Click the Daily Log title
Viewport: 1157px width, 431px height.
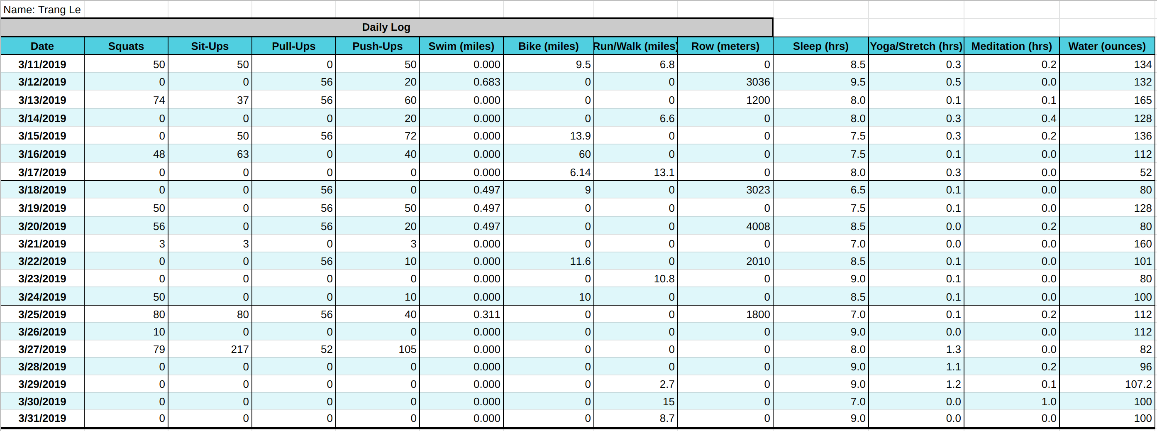[386, 27]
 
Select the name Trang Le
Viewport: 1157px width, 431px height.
[42, 10]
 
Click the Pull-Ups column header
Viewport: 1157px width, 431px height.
[293, 46]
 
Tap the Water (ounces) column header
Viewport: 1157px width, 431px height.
[1107, 46]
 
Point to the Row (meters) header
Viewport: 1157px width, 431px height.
[725, 46]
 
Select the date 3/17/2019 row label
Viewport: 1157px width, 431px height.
[42, 173]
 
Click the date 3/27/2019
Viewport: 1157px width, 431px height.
[42, 349]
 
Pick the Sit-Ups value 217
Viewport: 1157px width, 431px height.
[239, 349]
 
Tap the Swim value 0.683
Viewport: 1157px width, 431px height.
[486, 82]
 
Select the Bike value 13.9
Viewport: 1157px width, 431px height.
[580, 136]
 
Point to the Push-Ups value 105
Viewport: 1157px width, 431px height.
[407, 349]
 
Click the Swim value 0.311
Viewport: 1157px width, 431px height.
[486, 315]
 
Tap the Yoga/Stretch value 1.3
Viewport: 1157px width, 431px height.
[953, 349]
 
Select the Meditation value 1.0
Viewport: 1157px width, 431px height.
[1048, 402]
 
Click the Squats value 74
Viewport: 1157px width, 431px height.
[159, 100]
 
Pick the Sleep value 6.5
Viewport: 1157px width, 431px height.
[857, 190]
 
